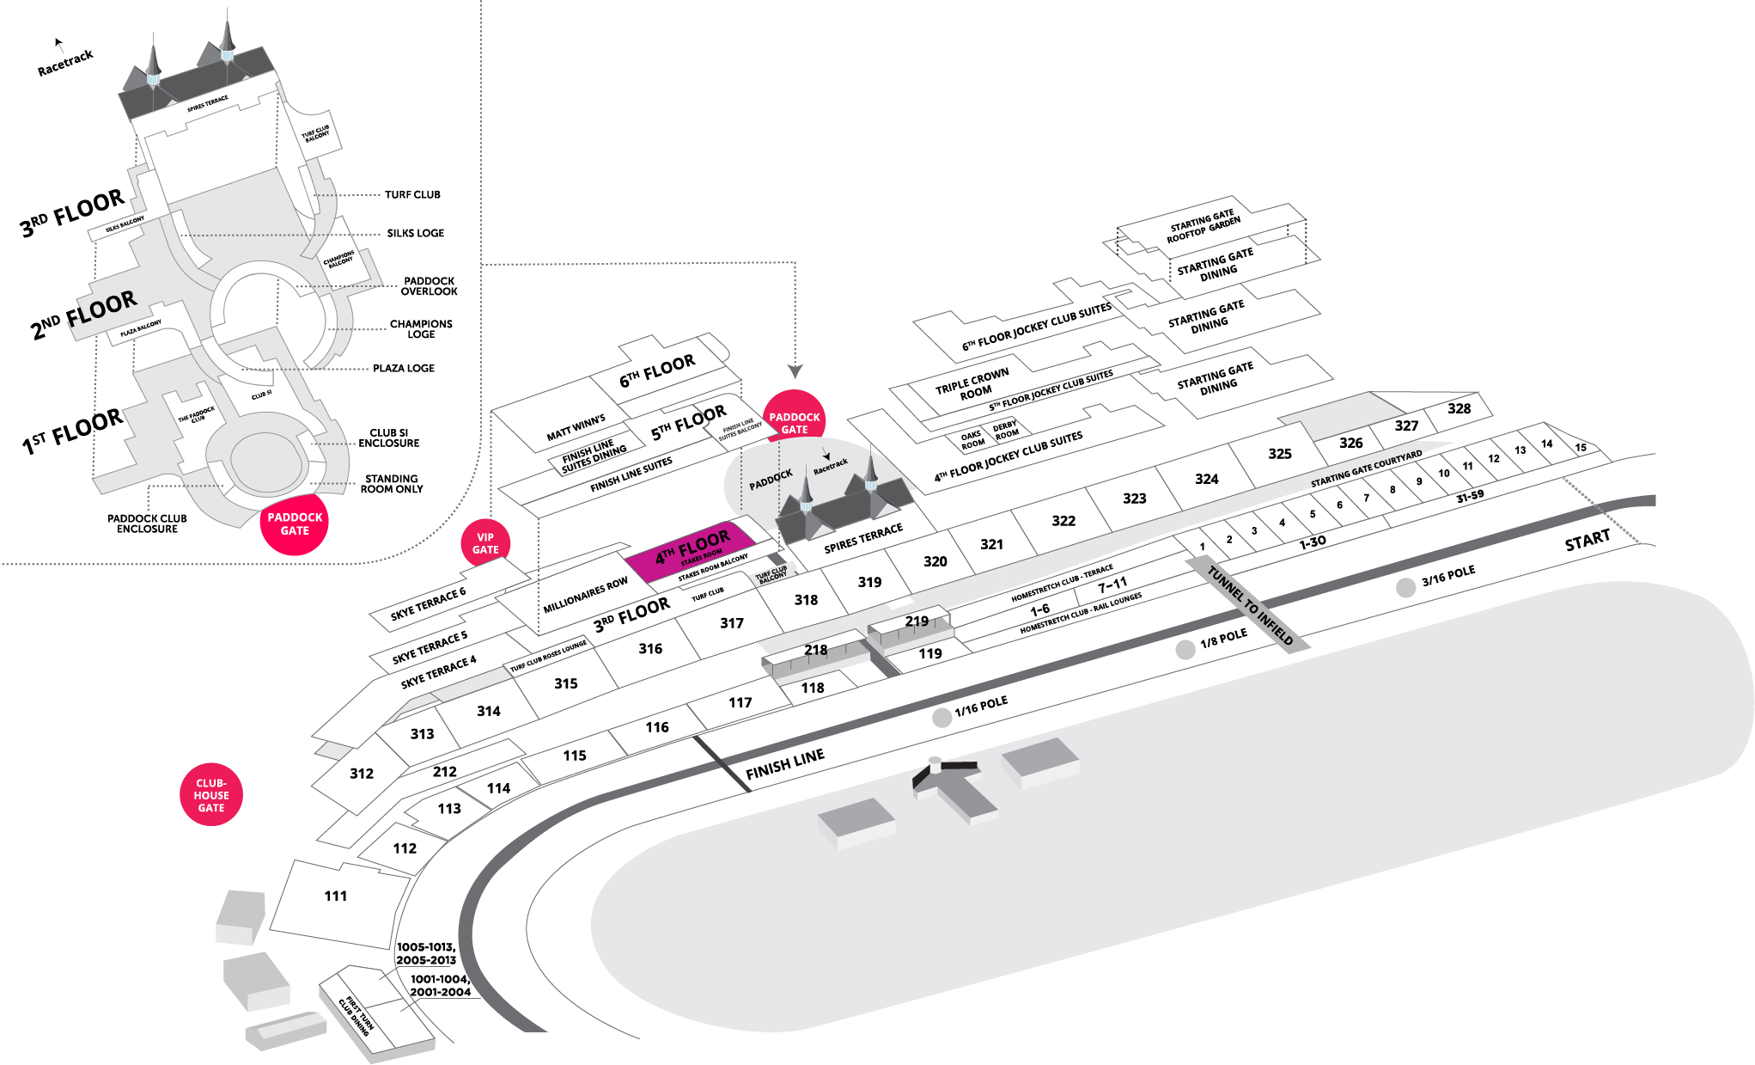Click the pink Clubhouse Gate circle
click(x=211, y=795)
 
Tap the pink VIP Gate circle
click(x=485, y=544)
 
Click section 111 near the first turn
click(x=336, y=897)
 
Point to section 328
click(x=1459, y=409)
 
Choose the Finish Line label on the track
click(x=785, y=763)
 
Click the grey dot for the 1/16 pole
click(x=942, y=718)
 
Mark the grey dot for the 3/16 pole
click(x=1405, y=588)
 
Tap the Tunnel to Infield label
click(x=1250, y=605)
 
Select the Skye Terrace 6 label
click(x=428, y=603)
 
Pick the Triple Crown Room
click(x=972, y=385)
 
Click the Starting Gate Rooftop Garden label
click(x=1203, y=226)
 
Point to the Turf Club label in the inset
click(x=412, y=195)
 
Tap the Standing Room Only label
click(x=391, y=484)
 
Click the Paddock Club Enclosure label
click(x=147, y=523)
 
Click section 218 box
click(x=815, y=651)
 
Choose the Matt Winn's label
click(x=576, y=427)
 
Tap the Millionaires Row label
click(x=585, y=595)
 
